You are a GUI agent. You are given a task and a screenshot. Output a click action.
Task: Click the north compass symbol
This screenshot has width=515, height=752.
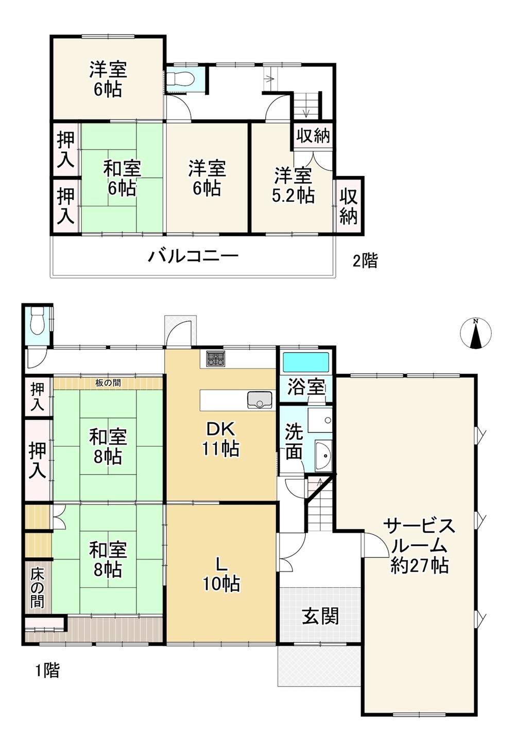(x=475, y=333)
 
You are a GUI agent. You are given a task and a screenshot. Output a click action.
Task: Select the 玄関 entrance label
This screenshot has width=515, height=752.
(x=320, y=616)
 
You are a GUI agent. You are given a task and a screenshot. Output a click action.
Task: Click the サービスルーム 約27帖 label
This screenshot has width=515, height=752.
(x=420, y=547)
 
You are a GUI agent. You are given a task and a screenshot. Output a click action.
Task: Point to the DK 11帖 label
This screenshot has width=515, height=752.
(x=220, y=439)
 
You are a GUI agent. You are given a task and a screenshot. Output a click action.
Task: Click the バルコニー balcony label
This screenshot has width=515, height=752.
(x=194, y=256)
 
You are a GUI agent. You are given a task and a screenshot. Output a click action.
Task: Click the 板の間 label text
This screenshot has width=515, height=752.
(x=108, y=382)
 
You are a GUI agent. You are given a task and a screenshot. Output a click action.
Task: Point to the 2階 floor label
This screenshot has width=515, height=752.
(x=365, y=260)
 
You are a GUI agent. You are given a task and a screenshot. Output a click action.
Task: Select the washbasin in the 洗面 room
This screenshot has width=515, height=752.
(x=323, y=456)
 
